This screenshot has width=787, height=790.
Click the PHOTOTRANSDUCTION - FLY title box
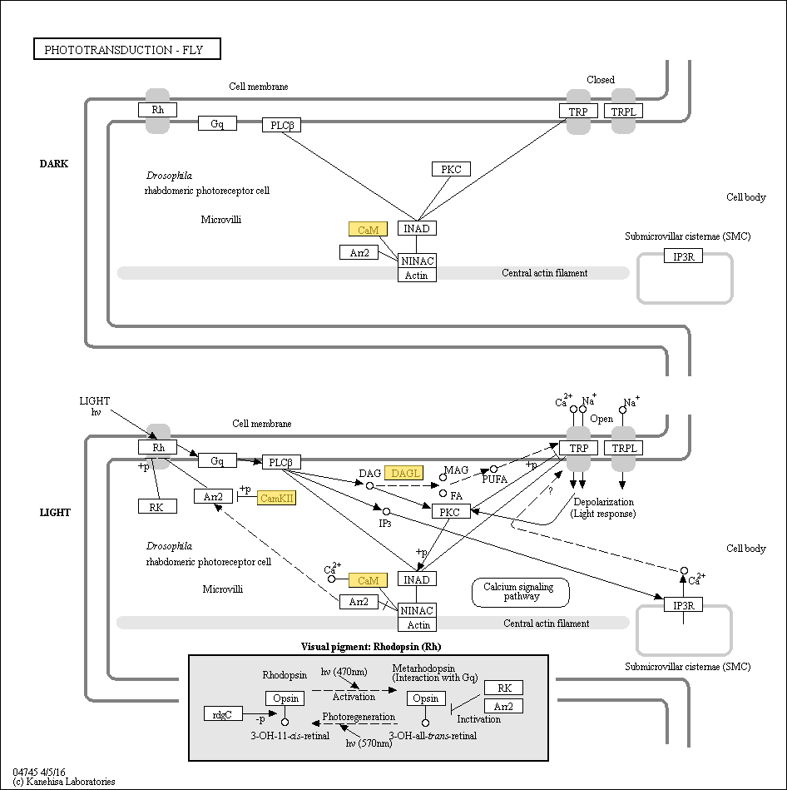(128, 50)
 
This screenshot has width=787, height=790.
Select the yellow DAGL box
(405, 474)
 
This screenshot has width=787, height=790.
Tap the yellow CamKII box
(277, 498)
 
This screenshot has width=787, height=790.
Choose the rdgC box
(223, 713)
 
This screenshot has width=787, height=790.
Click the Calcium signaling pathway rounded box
(521, 592)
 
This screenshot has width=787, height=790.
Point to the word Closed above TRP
(600, 80)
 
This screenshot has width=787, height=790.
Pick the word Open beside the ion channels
(601, 419)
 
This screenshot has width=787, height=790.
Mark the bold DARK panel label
(54, 164)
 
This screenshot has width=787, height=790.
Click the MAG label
(456, 470)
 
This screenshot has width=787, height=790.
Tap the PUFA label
(495, 480)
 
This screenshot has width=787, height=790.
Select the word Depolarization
(603, 502)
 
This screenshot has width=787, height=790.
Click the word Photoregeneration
(359, 716)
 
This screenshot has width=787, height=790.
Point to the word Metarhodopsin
(423, 668)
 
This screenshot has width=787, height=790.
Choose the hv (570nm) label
(369, 743)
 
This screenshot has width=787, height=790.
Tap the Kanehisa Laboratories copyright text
(64, 782)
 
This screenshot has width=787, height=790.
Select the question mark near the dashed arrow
(550, 491)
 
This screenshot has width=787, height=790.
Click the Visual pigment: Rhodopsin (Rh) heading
(370, 647)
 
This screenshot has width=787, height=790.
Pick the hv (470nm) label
(344, 672)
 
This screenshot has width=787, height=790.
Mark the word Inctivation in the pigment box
(479, 719)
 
